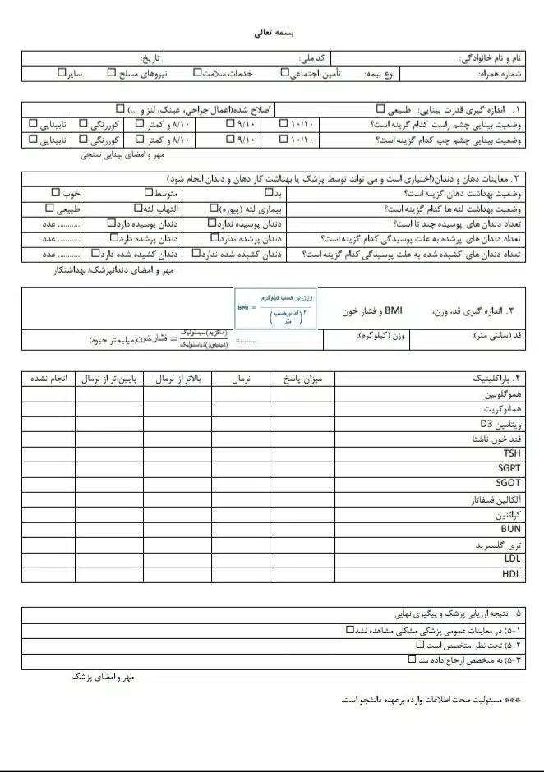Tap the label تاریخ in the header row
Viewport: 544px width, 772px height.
tap(153, 59)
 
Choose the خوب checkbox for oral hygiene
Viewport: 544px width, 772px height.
tap(56, 192)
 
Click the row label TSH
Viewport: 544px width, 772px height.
tap(512, 453)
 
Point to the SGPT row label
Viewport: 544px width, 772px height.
tap(509, 468)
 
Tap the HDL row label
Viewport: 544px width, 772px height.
tap(511, 574)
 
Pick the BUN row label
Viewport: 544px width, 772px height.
tap(510, 529)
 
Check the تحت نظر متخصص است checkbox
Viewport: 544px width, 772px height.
tap(420, 645)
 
